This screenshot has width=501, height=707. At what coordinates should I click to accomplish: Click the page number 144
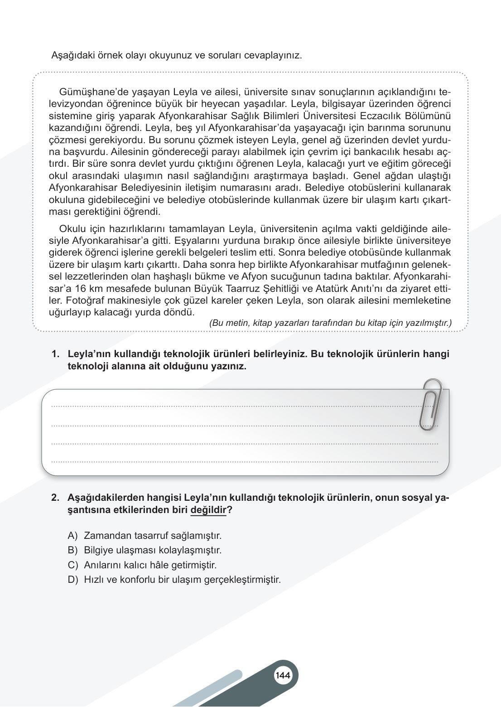coord(283,675)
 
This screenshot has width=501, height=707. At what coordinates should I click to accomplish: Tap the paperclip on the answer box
coord(431,404)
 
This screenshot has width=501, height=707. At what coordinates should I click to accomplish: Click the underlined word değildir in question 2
coord(208,510)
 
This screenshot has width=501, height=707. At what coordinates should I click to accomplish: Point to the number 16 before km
coord(80,289)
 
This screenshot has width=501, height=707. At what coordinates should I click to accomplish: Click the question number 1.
coord(55,354)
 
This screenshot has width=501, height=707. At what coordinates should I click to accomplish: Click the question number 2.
coord(55,498)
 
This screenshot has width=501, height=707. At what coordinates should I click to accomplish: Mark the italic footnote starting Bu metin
coord(330,323)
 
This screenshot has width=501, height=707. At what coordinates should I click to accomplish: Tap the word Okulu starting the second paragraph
coord(72,229)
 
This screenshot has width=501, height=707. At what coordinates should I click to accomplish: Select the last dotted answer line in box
coord(245,462)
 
